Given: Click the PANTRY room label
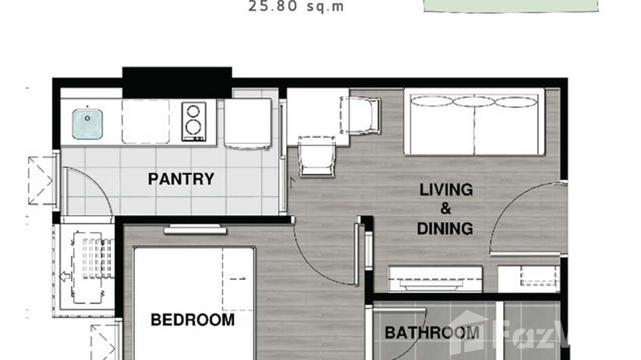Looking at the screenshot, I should coord(181,179).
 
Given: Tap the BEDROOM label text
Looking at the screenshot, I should coord(192,319).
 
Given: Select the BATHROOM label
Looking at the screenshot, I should coord(432,332).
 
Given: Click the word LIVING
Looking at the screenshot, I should coord(446,190).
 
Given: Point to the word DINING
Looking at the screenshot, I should coord(445,228).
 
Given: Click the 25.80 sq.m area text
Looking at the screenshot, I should coord(296,7).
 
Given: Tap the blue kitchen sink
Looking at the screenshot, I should coord(87,124).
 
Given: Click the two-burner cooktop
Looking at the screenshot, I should coord(193,121).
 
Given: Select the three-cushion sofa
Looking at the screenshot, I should coord(474,122).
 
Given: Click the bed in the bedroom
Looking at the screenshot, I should coord(193,301).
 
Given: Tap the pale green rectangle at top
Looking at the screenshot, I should coord(510,5).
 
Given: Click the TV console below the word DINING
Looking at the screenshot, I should coord(435,279).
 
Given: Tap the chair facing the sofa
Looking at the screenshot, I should coord(362,115).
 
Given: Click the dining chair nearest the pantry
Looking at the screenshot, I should coord(316,156).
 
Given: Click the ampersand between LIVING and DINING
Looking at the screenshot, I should coord(445,209).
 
